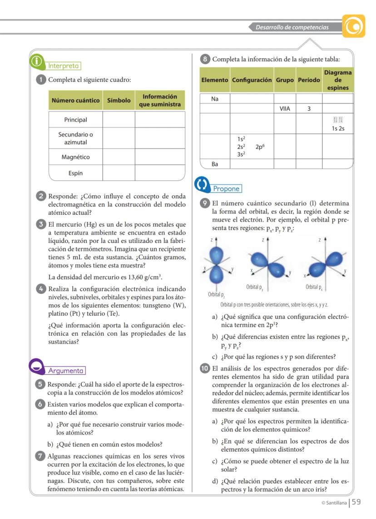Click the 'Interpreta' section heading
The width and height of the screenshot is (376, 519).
point(64,66)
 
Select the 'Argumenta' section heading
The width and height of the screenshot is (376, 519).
point(66,371)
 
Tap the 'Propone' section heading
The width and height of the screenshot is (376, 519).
point(226,188)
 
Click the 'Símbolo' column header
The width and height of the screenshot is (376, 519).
point(119,100)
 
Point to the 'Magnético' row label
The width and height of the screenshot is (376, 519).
point(76,157)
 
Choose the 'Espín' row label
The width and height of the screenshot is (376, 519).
point(76,173)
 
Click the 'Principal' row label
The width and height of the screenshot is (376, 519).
point(76,120)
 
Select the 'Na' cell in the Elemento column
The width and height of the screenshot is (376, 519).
point(215,99)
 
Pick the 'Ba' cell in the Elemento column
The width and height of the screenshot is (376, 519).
point(215,164)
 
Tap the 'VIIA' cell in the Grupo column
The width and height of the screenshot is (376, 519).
point(285,109)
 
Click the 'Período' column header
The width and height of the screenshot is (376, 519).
point(309,80)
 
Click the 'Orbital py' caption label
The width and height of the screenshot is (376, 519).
point(255,287)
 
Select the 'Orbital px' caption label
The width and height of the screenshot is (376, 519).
point(315,287)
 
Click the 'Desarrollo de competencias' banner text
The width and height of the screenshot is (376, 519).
point(292,27)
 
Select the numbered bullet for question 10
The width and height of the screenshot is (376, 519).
point(205,368)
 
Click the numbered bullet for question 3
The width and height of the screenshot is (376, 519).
point(41,224)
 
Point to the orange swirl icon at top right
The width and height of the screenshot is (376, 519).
point(354,26)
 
